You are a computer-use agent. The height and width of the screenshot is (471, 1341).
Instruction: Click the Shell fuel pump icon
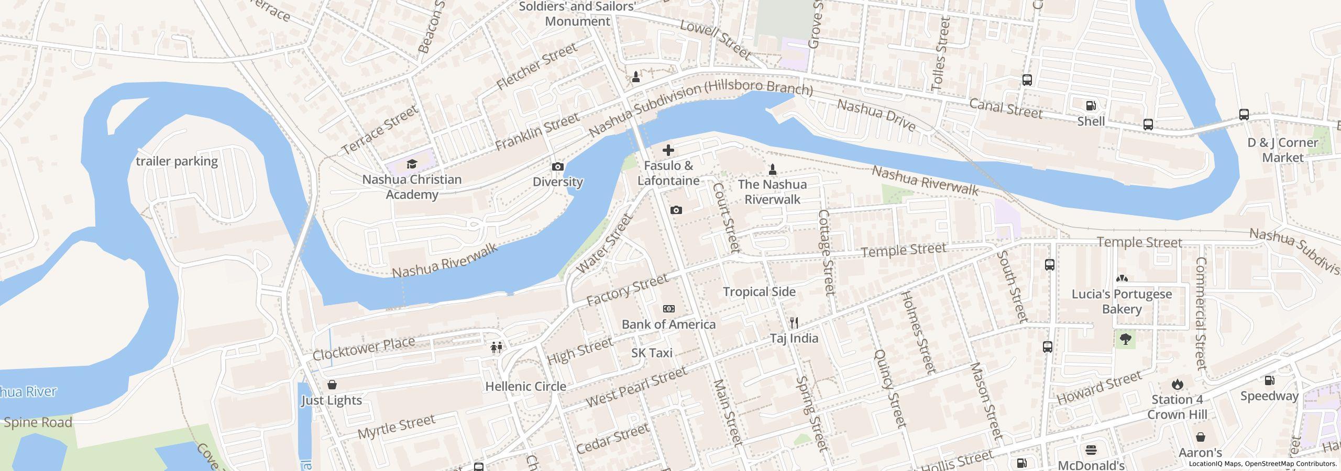pos(1091,106)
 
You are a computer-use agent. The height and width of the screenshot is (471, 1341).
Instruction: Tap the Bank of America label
pos(668,324)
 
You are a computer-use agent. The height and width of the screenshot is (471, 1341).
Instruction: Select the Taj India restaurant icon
pos(794,322)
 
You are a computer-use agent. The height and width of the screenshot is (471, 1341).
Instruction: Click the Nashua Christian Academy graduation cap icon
pos(412,164)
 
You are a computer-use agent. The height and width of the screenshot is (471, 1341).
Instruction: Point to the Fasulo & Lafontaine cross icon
pos(668,151)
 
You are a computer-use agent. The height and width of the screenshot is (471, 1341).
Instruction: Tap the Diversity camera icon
pos(558,167)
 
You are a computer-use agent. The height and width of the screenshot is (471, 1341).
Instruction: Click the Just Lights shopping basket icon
pos(332,385)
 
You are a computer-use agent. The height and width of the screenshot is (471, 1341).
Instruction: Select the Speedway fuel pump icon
pos(1269,380)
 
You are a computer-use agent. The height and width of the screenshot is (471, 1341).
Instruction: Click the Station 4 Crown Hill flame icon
pos(1177,385)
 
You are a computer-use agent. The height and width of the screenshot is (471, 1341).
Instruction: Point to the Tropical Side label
pos(759,292)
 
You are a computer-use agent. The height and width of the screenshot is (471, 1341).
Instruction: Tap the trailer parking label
pos(177,161)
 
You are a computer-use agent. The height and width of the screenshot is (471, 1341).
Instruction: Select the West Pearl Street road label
pos(636,387)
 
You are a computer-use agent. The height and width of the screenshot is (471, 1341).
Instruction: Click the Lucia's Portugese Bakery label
pos(1122,301)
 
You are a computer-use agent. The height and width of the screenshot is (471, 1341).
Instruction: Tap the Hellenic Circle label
pos(525,387)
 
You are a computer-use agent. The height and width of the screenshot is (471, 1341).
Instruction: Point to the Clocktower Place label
pos(364,349)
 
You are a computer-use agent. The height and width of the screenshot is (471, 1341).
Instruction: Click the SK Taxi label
pos(652,353)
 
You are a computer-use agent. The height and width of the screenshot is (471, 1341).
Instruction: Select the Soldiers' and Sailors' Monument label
pos(577,14)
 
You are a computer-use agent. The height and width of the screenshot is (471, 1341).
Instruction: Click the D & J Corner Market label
pos(1282,150)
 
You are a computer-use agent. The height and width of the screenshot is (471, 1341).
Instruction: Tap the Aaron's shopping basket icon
pos(1200,437)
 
